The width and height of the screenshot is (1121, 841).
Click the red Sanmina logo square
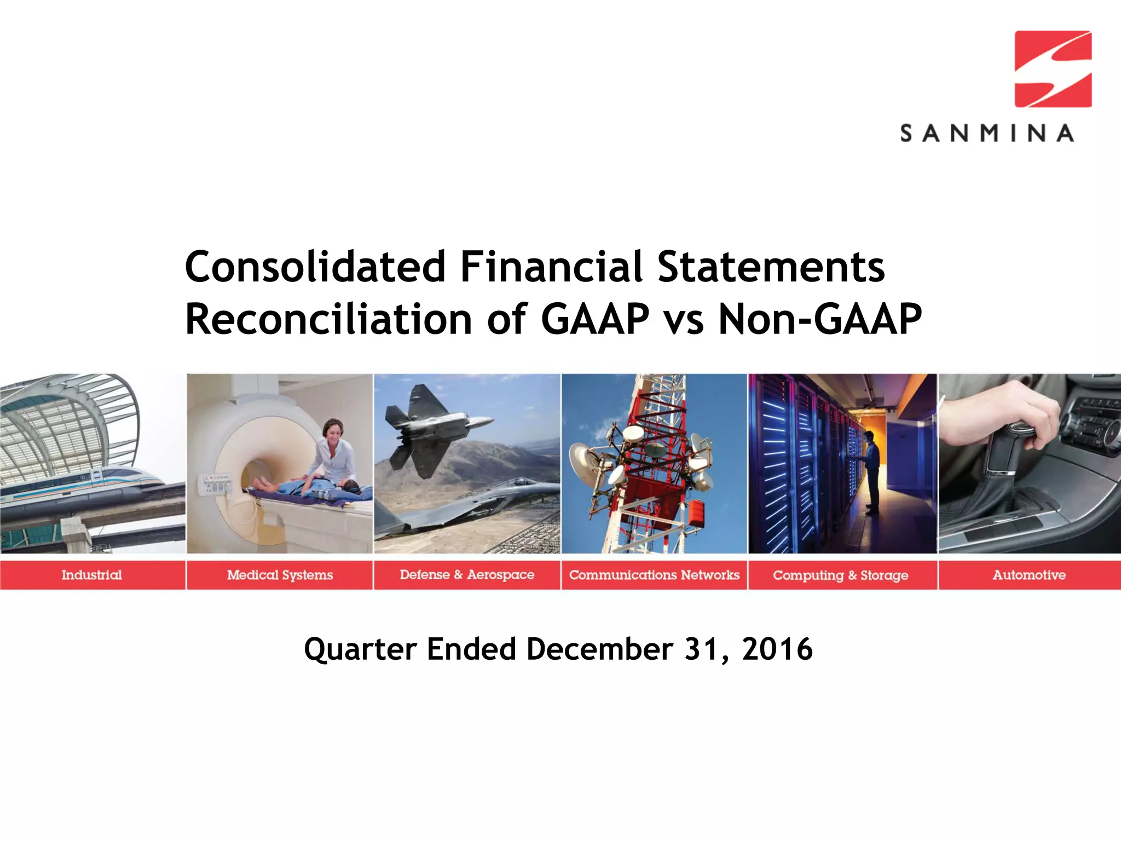[1053, 69]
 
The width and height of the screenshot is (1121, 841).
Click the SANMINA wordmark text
[987, 133]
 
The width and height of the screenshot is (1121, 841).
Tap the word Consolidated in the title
[315, 267]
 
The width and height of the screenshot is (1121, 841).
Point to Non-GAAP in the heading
[819, 319]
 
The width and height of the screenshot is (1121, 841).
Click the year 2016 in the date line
[777, 649]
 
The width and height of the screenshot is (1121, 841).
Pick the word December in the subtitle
[599, 649]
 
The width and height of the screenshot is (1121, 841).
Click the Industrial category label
[91, 575]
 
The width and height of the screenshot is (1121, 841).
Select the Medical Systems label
[280, 575]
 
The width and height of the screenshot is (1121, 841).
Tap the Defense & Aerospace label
[466, 575]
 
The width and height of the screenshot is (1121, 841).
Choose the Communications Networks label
[654, 575]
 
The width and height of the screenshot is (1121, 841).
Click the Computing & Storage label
[840, 575]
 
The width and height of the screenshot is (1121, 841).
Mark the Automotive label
[1029, 575]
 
